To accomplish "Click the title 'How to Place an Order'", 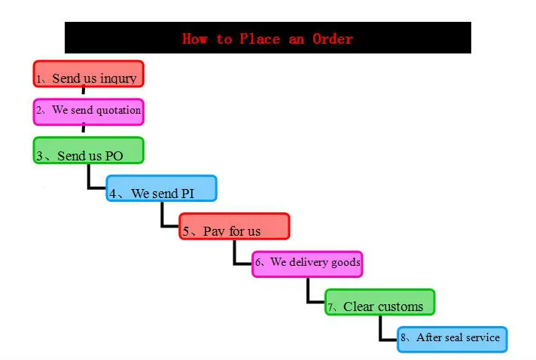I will point(267,38).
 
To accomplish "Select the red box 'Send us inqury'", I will point(88,75).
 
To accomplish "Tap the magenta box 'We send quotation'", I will point(88,111).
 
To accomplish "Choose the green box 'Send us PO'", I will point(88,151).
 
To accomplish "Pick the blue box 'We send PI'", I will point(161,188).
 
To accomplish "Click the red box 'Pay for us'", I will point(234,227).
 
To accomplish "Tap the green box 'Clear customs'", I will point(380,302).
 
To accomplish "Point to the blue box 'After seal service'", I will point(452,339).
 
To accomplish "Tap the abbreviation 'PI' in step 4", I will point(189,194).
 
